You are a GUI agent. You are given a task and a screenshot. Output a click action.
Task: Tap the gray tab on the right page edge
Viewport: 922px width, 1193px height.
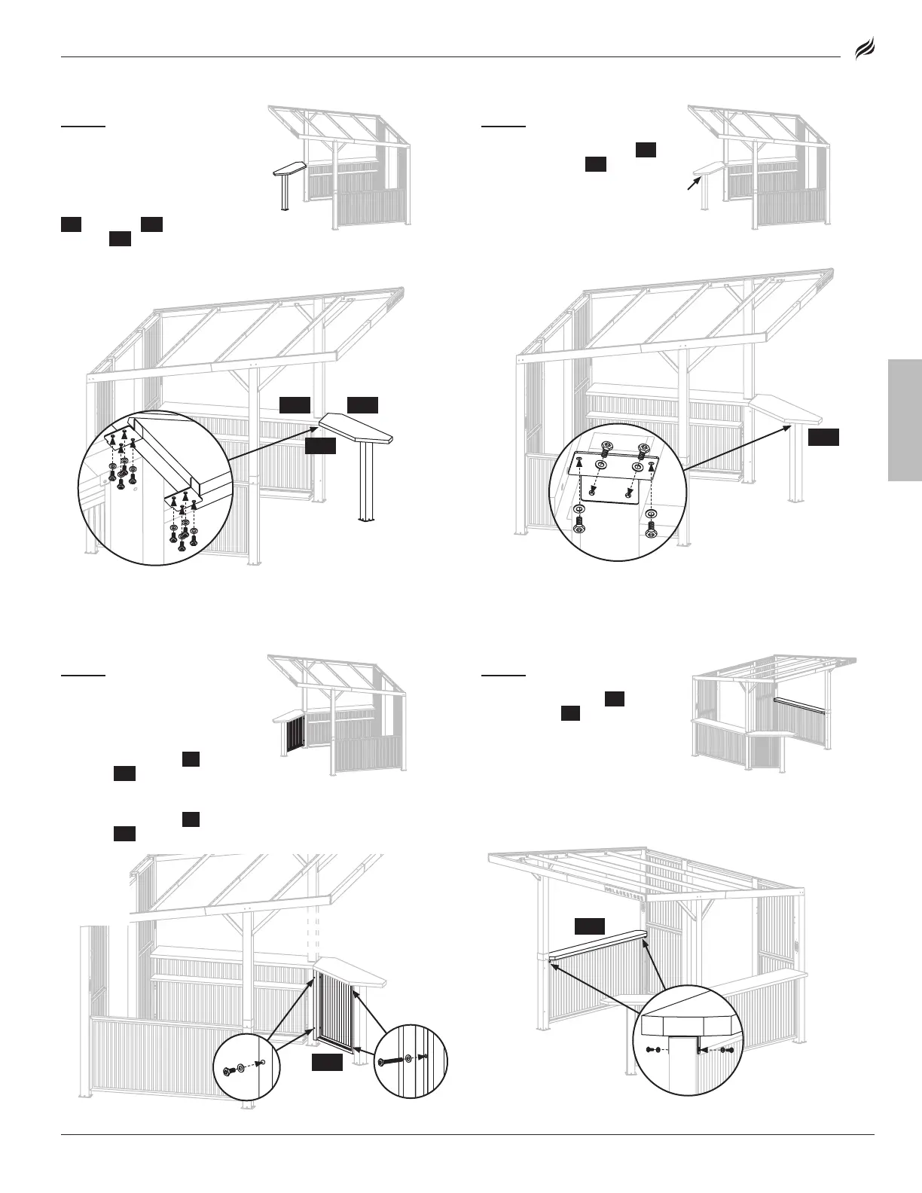(x=905, y=420)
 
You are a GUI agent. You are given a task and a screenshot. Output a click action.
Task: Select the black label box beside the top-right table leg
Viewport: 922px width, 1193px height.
(x=823, y=438)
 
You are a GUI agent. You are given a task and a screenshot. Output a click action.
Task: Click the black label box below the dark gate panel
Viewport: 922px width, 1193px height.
(x=328, y=1062)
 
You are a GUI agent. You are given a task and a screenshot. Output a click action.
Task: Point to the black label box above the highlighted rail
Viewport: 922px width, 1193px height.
(x=590, y=926)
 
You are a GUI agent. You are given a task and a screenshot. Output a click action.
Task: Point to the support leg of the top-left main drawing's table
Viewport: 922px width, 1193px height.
(x=366, y=482)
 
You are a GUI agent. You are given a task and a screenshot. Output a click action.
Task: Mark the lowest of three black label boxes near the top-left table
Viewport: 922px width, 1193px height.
(x=319, y=447)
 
